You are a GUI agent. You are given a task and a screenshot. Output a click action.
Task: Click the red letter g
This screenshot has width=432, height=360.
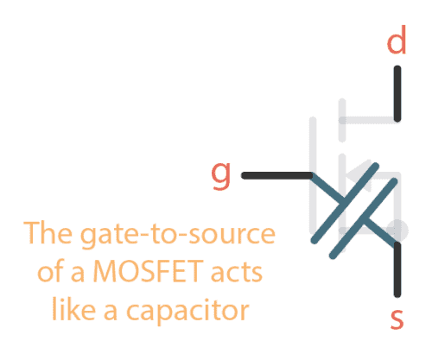point(222,175)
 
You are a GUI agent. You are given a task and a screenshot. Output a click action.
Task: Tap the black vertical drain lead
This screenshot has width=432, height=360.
point(397,94)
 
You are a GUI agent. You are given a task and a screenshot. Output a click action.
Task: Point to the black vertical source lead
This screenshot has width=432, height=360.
point(397,271)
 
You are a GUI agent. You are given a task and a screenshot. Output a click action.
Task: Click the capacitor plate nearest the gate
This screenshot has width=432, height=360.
point(349,200)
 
